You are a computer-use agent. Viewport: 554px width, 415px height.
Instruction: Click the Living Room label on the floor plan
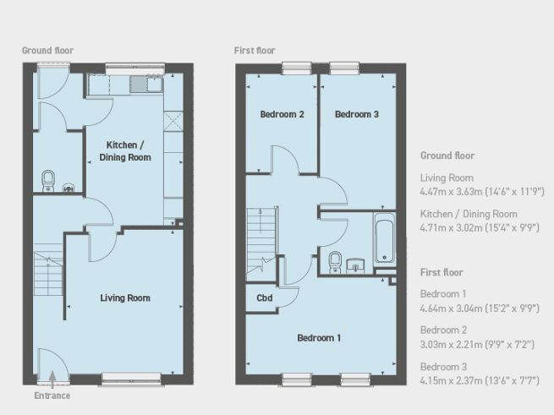[125, 298]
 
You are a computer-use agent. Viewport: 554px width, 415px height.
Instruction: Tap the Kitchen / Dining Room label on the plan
[125, 151]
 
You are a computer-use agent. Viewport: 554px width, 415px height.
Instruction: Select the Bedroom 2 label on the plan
[282, 114]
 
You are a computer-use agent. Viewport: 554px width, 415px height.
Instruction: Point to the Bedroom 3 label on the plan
[356, 114]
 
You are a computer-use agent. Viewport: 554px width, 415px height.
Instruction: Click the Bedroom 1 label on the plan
[319, 338]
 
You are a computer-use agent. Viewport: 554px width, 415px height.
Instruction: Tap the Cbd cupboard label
[264, 298]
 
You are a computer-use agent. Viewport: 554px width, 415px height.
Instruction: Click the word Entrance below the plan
[52, 396]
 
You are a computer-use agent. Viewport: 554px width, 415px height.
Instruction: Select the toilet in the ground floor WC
[48, 181]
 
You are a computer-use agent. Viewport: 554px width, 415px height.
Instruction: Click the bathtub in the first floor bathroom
[384, 238]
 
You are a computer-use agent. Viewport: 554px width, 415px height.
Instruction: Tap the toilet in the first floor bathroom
[335, 262]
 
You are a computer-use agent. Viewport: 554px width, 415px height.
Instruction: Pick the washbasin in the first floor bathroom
[355, 265]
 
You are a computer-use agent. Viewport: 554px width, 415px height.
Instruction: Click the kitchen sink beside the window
[146, 84]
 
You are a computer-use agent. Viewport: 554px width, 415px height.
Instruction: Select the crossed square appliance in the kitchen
[173, 121]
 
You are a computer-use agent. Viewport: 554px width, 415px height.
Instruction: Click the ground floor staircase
[48, 274]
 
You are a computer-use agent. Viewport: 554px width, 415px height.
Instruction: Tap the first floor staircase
[261, 244]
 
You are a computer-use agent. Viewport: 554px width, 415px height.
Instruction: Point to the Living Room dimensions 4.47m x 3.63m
[482, 192]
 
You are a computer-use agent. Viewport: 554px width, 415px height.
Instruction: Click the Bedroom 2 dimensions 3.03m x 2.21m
[477, 344]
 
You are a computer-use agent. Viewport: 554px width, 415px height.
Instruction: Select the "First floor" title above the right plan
[255, 51]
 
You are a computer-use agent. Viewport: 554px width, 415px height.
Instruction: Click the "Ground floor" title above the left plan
[47, 51]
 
